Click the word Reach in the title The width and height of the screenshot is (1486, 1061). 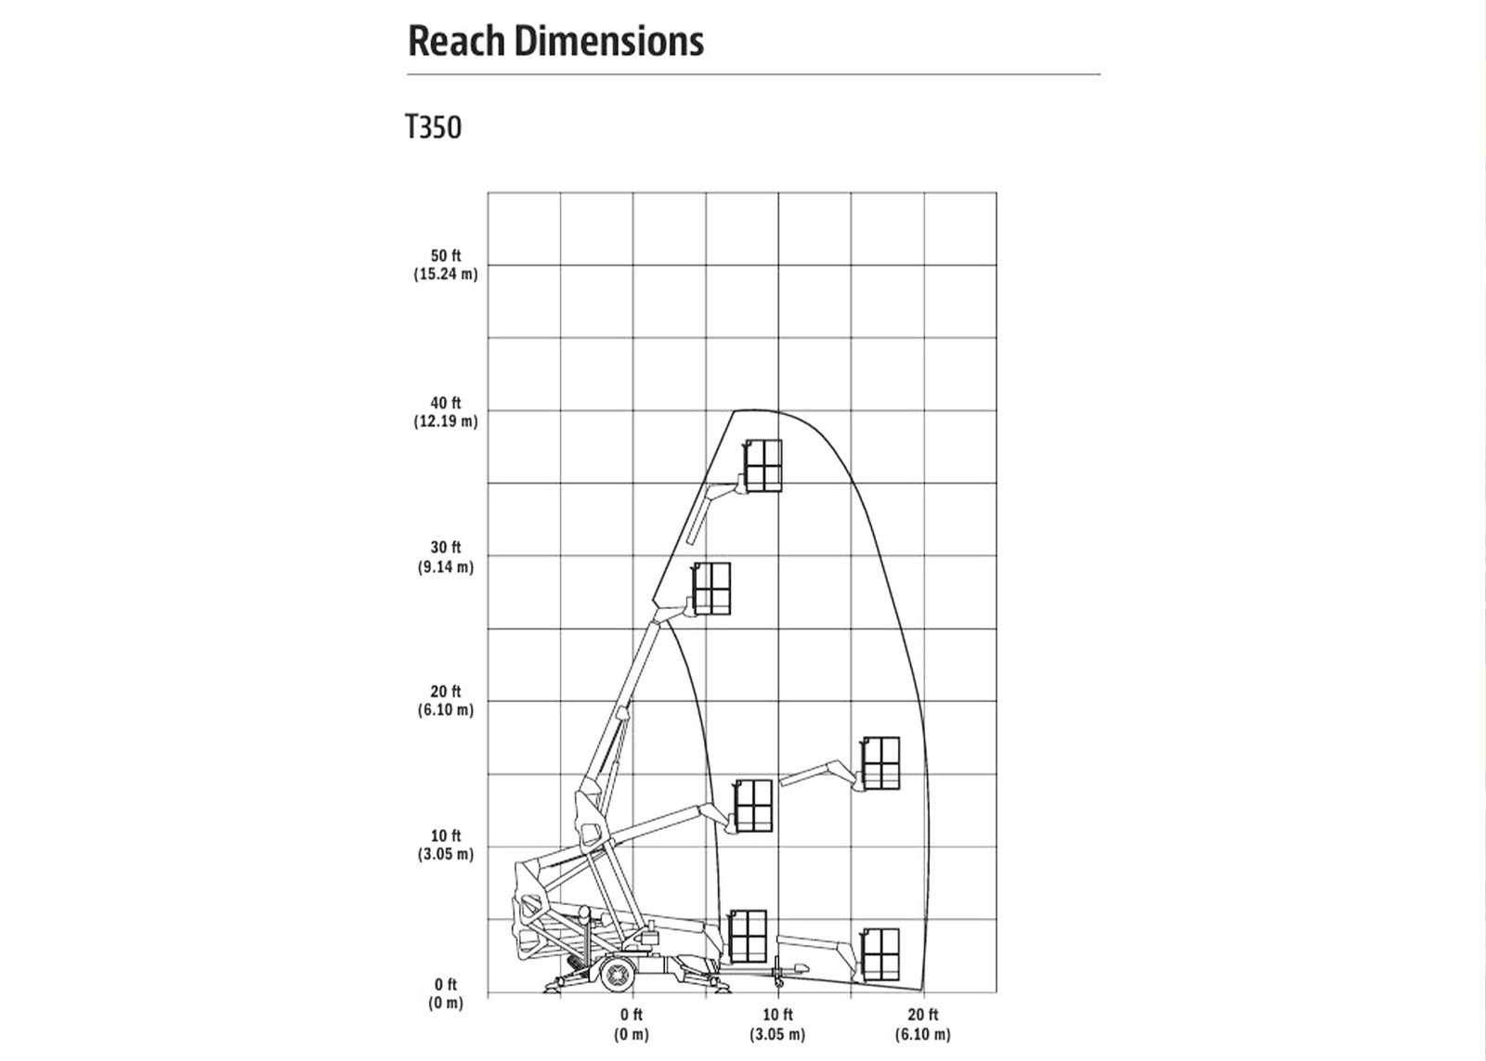(456, 41)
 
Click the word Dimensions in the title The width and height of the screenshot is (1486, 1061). (609, 41)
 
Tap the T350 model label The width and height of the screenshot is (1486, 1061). (433, 126)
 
